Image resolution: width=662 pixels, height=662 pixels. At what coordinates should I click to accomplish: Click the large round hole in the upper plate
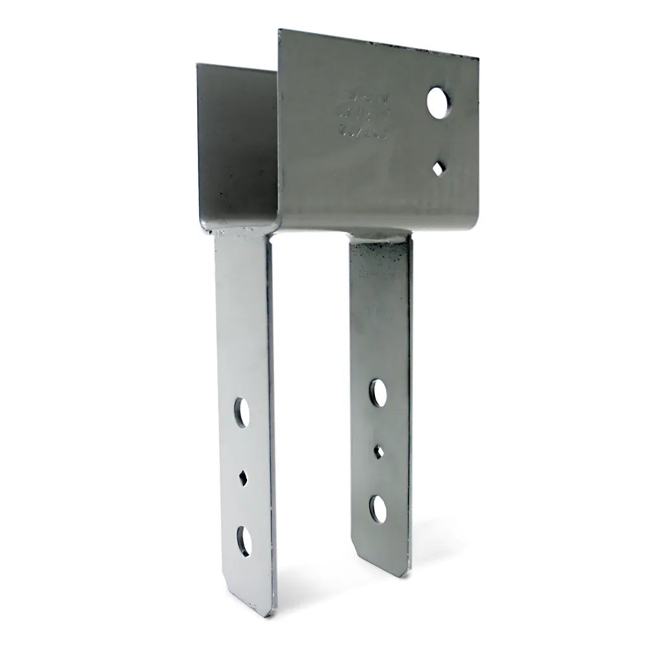pos(438,103)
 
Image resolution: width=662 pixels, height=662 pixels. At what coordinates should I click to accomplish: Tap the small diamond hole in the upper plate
pos(438,168)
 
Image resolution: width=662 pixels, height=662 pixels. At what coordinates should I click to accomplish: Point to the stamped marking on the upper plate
pos(363,112)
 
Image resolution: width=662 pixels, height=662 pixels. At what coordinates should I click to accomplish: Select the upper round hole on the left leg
pos(241,412)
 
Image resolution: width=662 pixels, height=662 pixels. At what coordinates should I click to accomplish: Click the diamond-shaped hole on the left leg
pos(242,478)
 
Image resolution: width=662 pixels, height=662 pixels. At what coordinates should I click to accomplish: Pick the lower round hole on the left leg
pos(244,540)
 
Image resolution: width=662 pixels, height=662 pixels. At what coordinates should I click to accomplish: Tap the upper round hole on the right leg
pos(378,393)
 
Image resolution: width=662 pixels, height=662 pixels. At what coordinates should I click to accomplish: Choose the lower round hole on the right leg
pos(378,509)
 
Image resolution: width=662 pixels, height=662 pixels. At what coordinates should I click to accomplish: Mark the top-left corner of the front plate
pos(280,31)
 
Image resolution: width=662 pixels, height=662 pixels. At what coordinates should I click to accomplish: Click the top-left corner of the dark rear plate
pos(198,65)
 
